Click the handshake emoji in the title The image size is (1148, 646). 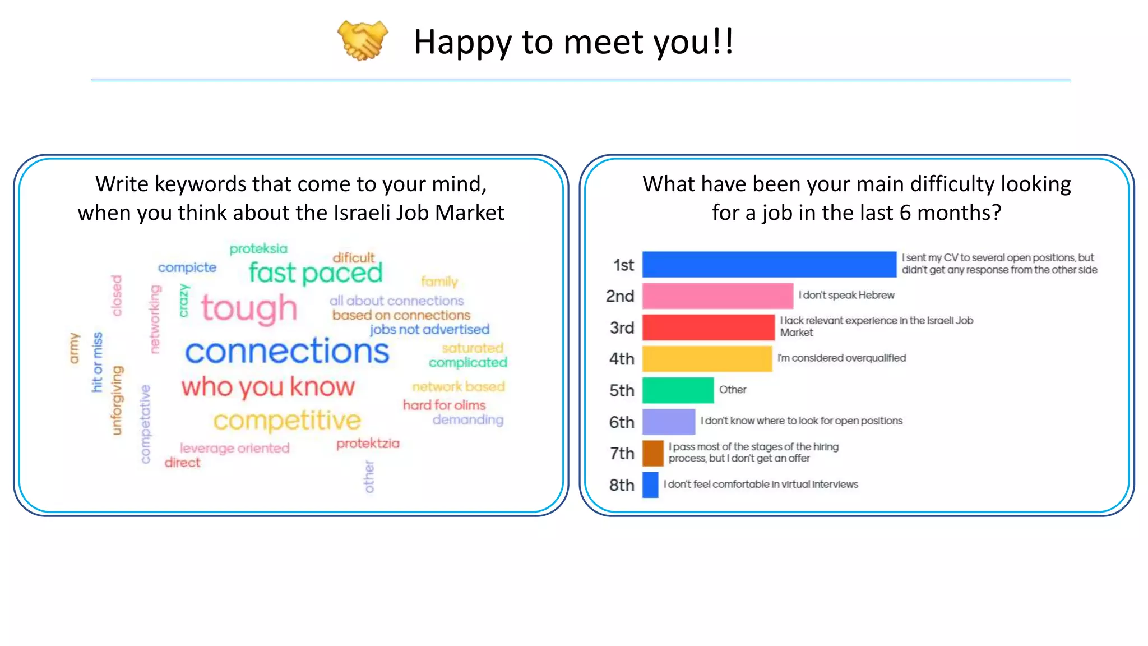(x=363, y=40)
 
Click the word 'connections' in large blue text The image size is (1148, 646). (x=287, y=352)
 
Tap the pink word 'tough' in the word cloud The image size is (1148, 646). (x=249, y=308)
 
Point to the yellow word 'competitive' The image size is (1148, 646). (x=287, y=421)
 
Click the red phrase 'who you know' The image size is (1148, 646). (x=268, y=387)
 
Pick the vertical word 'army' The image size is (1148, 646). (x=74, y=348)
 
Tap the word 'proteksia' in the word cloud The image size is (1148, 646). (x=258, y=248)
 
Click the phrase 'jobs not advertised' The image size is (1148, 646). (x=429, y=330)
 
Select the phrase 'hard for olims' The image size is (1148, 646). (x=444, y=405)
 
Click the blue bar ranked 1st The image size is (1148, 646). (x=769, y=264)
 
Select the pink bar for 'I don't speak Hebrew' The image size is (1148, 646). (x=717, y=296)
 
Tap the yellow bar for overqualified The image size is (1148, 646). (x=707, y=358)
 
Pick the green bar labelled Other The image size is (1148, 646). (x=678, y=390)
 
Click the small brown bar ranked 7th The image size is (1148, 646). (x=652, y=453)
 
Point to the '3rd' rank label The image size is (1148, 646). (x=622, y=327)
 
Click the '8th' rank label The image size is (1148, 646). (x=622, y=485)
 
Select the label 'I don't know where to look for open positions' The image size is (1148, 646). (x=802, y=421)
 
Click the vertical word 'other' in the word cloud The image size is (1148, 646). (x=369, y=477)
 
